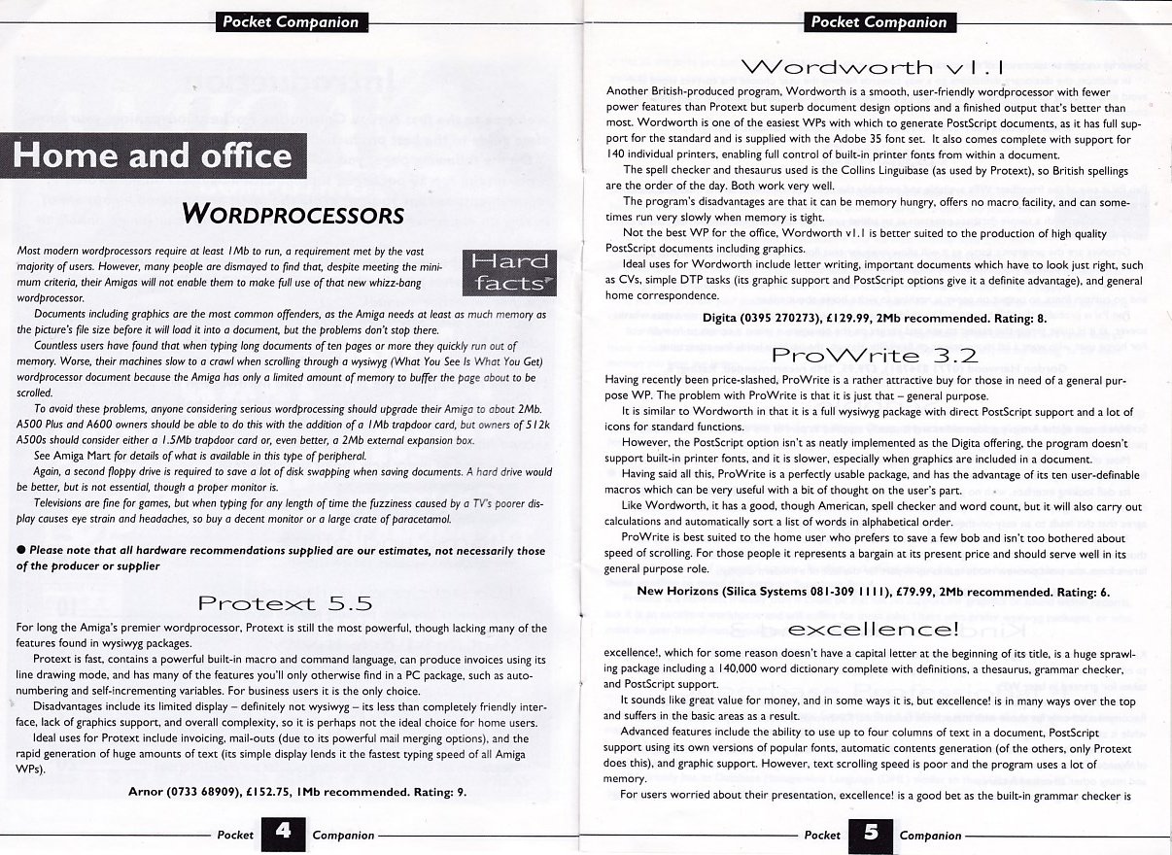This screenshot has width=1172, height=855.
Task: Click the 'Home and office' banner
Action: click(154, 156)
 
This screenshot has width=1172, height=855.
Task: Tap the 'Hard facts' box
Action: click(507, 272)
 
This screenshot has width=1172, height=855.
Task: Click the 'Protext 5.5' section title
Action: click(285, 603)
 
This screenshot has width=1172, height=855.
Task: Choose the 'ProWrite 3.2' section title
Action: click(873, 355)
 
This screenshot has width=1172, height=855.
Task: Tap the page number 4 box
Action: click(283, 834)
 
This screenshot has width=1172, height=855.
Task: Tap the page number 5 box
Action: click(870, 834)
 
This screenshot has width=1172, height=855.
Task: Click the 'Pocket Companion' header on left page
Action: click(291, 22)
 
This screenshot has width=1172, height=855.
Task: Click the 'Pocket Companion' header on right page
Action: click(879, 22)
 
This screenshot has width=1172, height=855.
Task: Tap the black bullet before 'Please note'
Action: click(21, 550)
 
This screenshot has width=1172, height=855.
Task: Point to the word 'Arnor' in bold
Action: click(148, 792)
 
